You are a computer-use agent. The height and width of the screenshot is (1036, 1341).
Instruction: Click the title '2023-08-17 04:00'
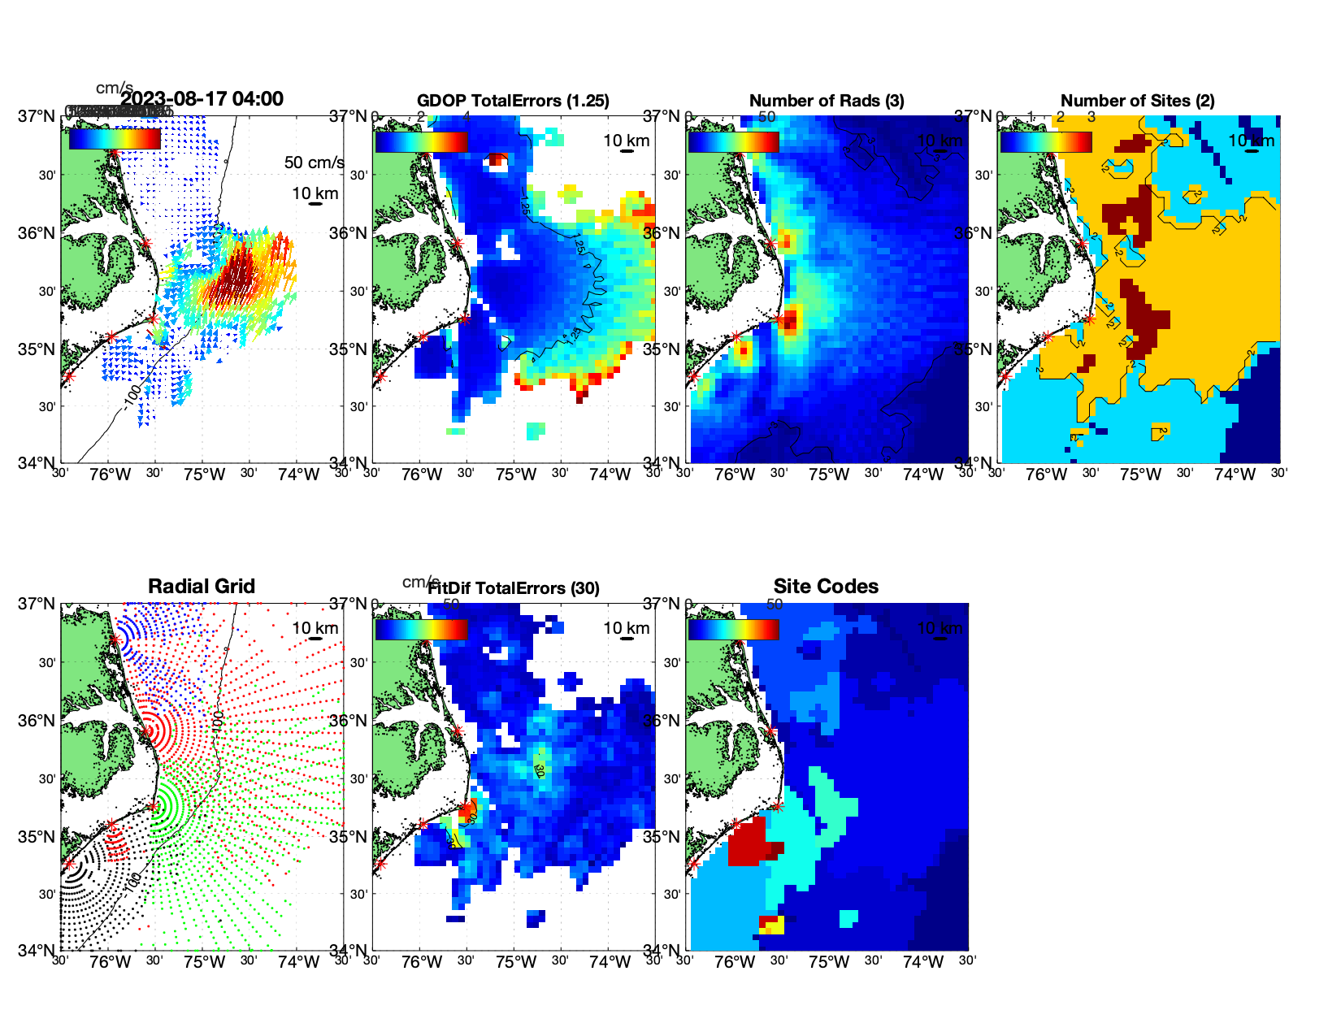point(202,99)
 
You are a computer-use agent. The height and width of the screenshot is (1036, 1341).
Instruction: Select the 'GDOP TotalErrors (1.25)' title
point(513,101)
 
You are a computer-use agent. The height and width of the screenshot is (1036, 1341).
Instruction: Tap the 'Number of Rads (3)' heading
point(827,101)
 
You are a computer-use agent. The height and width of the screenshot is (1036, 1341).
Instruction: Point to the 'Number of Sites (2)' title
point(1138,101)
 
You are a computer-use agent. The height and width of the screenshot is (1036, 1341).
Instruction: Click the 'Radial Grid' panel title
point(202,587)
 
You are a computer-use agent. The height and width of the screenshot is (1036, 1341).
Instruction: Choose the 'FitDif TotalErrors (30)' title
point(514,588)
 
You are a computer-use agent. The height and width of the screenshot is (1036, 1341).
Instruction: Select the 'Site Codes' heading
point(826,587)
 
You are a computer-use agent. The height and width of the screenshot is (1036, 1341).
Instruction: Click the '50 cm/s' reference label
point(314,163)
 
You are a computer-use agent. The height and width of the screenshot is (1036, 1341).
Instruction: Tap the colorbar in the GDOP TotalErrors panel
point(421,141)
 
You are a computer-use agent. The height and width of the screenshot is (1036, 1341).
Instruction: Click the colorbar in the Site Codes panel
point(733,629)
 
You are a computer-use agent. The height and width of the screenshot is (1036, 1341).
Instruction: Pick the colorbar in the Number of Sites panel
point(1046,141)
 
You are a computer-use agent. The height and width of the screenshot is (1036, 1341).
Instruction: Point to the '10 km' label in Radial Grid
point(315,628)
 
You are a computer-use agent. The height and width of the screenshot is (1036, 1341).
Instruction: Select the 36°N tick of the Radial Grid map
point(37,721)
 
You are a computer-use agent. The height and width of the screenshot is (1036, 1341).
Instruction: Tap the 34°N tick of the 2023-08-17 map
point(37,463)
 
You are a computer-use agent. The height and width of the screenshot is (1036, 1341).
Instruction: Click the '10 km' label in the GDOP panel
point(626,141)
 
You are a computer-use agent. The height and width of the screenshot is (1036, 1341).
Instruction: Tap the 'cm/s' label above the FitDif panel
point(420,582)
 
